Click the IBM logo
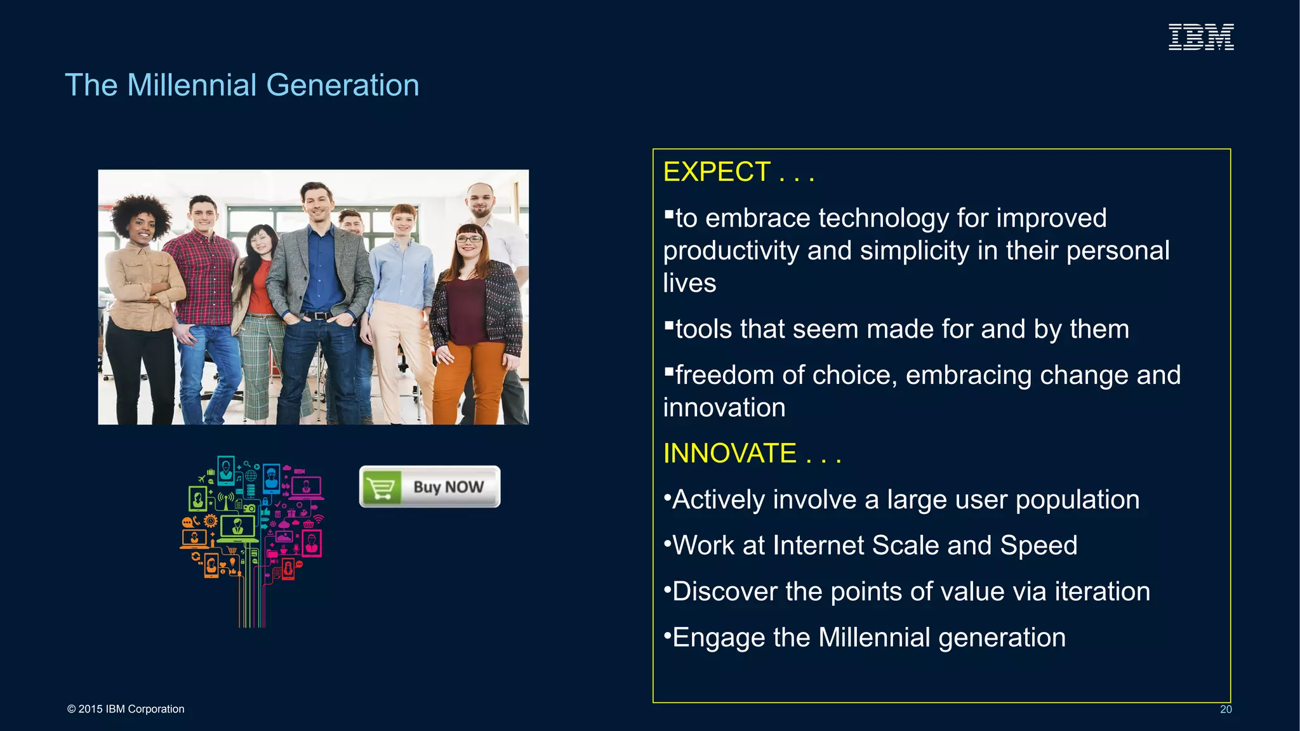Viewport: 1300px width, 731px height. (x=1201, y=37)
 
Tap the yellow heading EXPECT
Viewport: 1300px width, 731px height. (x=717, y=172)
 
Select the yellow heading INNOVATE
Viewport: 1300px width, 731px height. (x=729, y=454)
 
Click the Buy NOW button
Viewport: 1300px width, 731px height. (x=430, y=487)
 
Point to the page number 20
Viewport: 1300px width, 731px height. (x=1225, y=709)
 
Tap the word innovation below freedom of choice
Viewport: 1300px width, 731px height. (x=724, y=408)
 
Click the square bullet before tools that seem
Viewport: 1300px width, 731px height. (x=668, y=326)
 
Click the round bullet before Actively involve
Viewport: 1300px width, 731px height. (x=667, y=497)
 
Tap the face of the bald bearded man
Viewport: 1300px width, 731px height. (x=481, y=200)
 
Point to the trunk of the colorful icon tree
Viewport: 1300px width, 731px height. (x=252, y=603)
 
